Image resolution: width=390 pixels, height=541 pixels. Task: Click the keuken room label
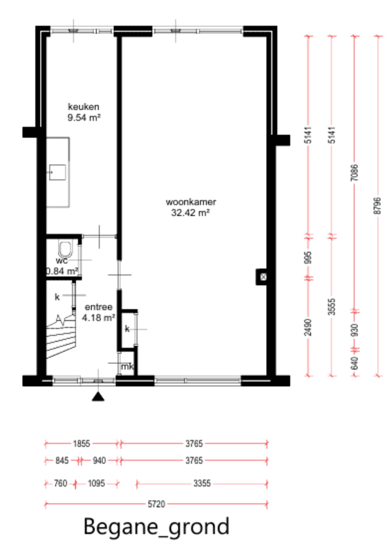(83, 107)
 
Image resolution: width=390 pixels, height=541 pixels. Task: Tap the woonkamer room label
(191, 202)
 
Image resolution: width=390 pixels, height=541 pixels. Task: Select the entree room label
(99, 307)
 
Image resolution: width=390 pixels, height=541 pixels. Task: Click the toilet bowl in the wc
(65, 249)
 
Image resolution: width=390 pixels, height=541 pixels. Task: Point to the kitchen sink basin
(57, 172)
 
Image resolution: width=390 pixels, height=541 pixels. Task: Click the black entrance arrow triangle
(98, 396)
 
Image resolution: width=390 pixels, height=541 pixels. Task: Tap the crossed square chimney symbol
(263, 277)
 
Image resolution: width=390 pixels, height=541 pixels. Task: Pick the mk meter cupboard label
(127, 367)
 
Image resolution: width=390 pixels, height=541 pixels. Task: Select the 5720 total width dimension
(156, 504)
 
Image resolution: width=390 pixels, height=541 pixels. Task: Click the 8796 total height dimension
(378, 206)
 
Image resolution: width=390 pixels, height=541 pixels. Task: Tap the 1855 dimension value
(82, 444)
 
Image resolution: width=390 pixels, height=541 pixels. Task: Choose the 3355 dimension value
(202, 483)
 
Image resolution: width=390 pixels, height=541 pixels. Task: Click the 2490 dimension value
(308, 327)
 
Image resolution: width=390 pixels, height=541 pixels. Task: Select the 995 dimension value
(308, 258)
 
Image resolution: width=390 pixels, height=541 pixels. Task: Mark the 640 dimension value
(354, 363)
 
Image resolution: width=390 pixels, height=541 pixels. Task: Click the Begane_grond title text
(156, 527)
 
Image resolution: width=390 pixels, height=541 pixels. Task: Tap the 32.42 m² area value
(190, 213)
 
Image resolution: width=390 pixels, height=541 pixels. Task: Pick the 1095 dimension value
(96, 483)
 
